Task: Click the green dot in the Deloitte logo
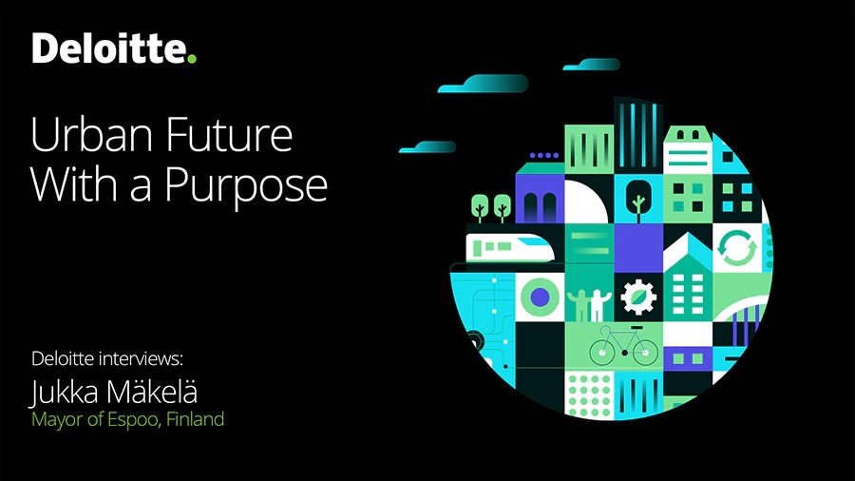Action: pyautogui.click(x=191, y=57)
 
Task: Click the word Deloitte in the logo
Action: pyautogui.click(x=109, y=48)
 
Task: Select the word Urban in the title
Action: pyautogui.click(x=92, y=134)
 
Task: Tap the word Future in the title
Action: pyautogui.click(x=229, y=134)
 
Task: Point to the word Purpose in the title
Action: pyautogui.click(x=245, y=186)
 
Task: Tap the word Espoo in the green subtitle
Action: pyautogui.click(x=134, y=419)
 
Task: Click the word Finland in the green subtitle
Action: pyautogui.click(x=195, y=419)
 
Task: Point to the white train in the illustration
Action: pyautogui.click(x=509, y=248)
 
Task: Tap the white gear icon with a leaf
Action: pyautogui.click(x=638, y=298)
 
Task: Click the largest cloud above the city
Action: pyautogui.click(x=484, y=84)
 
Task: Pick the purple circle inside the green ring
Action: pyautogui.click(x=540, y=298)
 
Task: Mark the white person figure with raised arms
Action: pyautogui.click(x=599, y=305)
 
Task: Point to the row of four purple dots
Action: pyautogui.click(x=543, y=156)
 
